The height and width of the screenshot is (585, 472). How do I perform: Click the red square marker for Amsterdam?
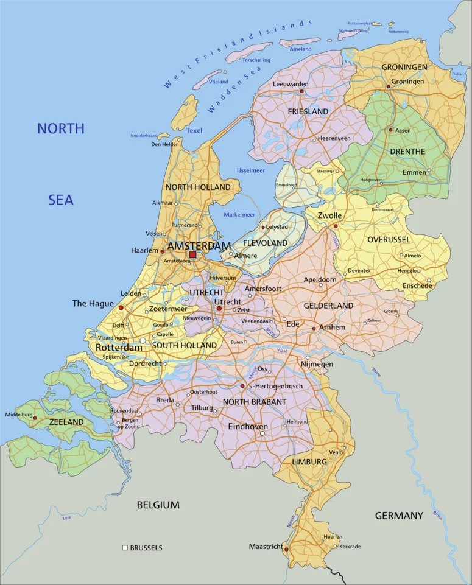(x=192, y=255)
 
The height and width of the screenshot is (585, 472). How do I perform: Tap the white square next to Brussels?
(x=125, y=548)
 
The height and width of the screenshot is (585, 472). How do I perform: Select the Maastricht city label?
(x=266, y=547)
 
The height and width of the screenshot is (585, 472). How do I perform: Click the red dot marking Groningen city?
(x=388, y=86)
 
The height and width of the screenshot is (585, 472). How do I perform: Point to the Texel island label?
(x=194, y=130)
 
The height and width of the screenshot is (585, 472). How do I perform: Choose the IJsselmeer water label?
(x=251, y=170)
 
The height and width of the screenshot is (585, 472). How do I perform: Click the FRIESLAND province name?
(x=308, y=111)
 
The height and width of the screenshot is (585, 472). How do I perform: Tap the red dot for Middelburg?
(x=35, y=418)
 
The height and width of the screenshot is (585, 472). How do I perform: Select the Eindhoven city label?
(x=248, y=427)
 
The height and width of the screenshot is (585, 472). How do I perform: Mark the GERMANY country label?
(x=398, y=516)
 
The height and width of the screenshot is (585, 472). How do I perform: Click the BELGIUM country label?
(x=158, y=505)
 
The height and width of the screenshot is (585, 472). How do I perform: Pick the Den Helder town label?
(x=164, y=144)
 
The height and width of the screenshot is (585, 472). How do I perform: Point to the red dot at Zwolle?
(x=335, y=226)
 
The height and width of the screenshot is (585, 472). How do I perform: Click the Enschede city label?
(x=417, y=285)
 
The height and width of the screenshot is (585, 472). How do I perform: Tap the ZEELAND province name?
(x=66, y=422)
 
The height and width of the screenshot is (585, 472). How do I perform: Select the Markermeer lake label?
(x=239, y=214)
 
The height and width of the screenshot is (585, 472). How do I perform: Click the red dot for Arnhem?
(x=314, y=328)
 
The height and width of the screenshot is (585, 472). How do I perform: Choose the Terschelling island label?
(x=256, y=60)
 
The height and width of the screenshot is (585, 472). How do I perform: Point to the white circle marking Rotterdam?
(x=143, y=341)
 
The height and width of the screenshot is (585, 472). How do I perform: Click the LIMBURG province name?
(x=309, y=462)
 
